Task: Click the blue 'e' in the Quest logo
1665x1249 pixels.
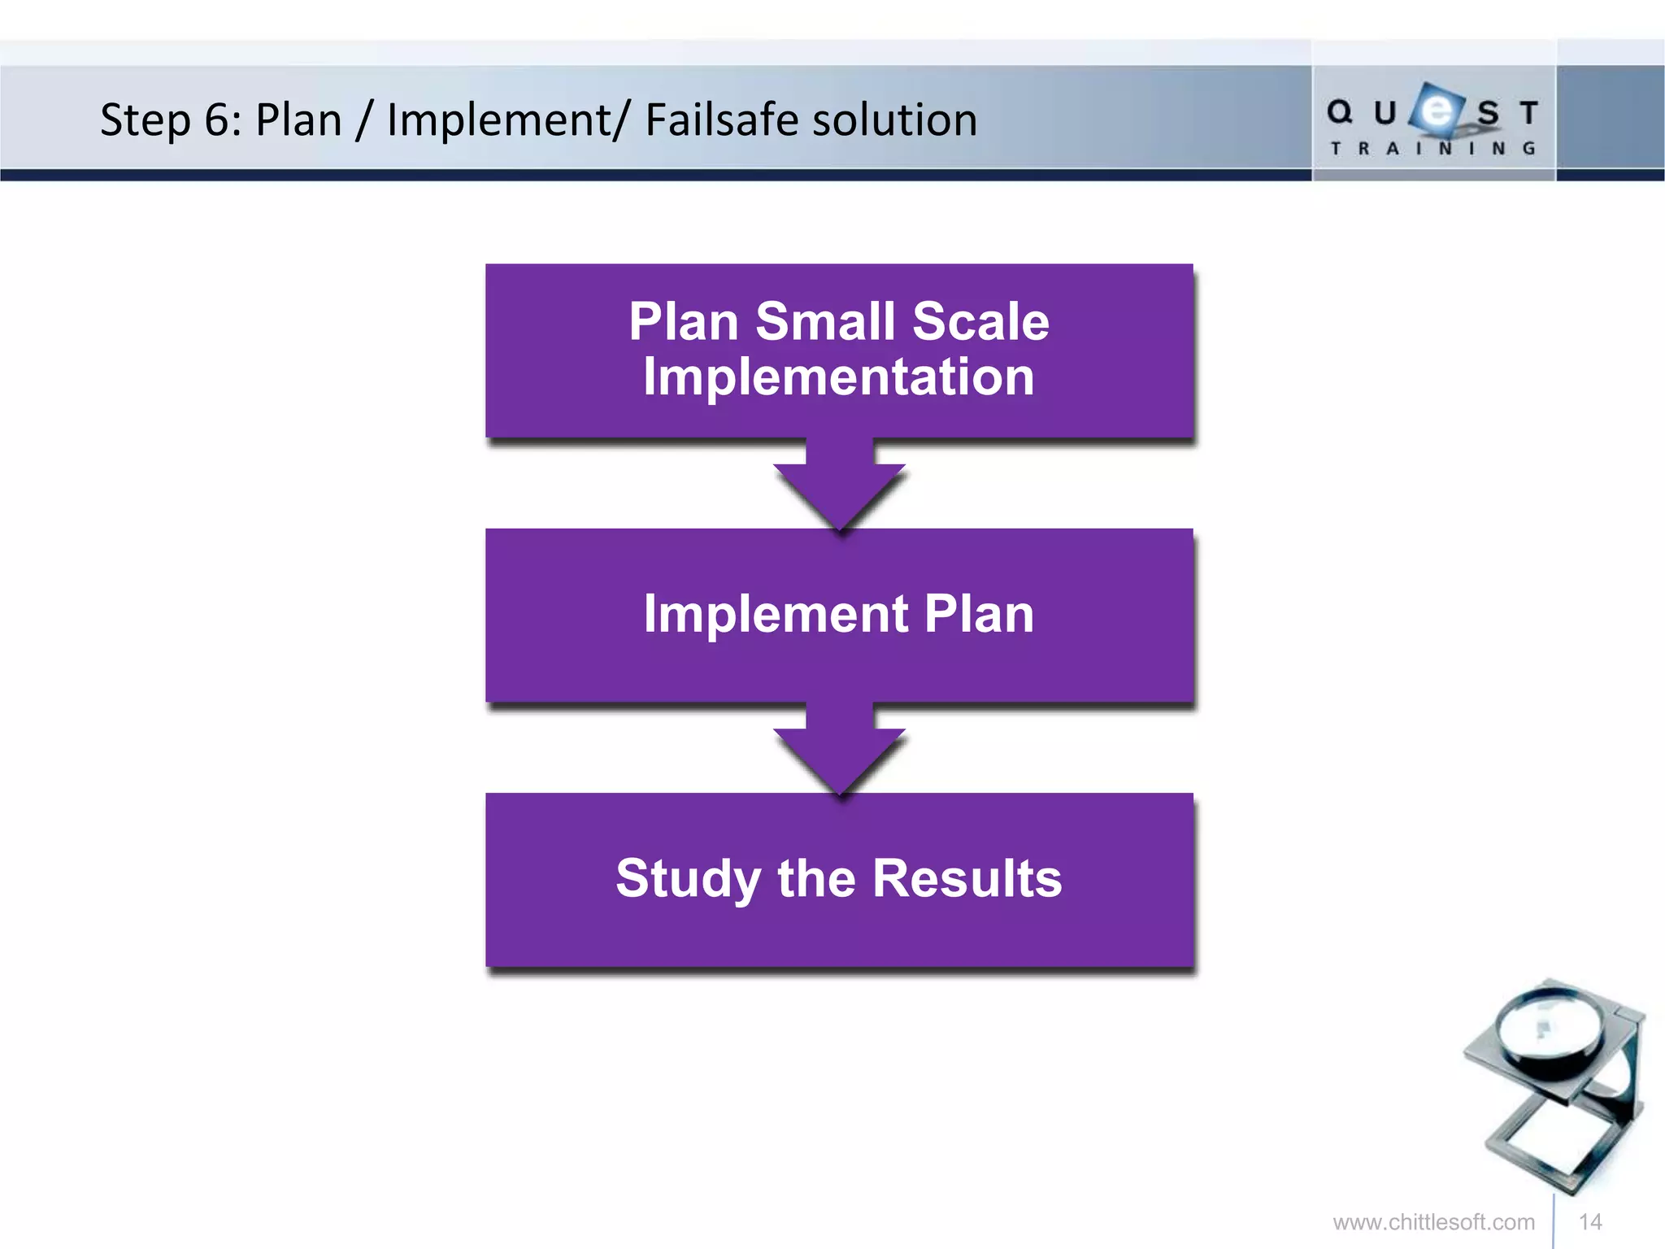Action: point(1437,110)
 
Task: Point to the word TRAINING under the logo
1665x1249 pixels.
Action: point(1432,149)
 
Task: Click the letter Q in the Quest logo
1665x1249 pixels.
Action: point(1339,112)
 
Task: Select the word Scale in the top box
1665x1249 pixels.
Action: point(980,321)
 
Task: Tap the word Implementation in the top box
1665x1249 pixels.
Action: point(839,377)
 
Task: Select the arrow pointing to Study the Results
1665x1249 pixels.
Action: point(840,751)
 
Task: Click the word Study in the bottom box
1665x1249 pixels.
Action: point(688,879)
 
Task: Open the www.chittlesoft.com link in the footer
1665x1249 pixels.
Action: point(1433,1222)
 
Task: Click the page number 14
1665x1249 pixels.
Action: point(1590,1222)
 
